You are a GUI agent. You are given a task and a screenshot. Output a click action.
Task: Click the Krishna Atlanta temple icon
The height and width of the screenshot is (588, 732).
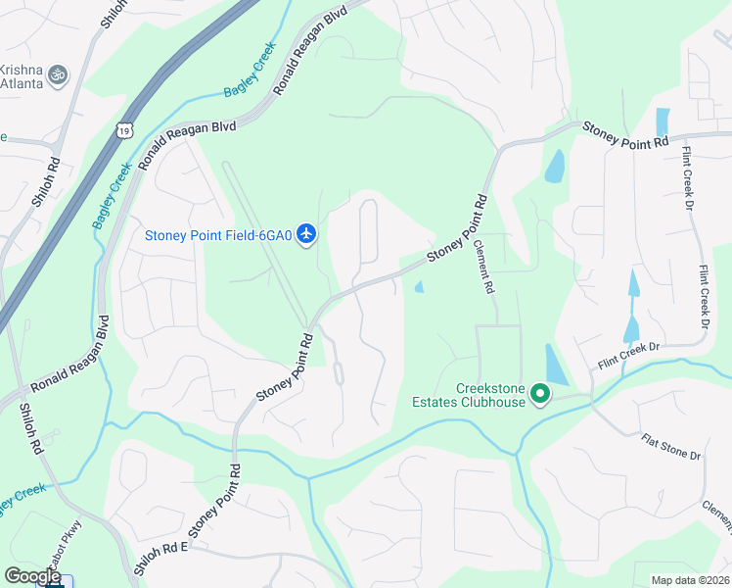point(58,73)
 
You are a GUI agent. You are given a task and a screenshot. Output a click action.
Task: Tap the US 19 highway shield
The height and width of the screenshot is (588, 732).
point(123,129)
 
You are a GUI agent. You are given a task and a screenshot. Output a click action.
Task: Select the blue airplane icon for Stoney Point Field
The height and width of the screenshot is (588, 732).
point(307,233)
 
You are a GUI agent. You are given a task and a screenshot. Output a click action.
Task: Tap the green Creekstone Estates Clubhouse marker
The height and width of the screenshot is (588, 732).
point(538,395)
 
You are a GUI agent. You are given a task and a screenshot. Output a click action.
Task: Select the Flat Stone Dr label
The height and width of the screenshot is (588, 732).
point(671,450)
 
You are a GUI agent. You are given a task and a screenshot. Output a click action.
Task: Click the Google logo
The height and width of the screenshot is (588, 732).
point(32,576)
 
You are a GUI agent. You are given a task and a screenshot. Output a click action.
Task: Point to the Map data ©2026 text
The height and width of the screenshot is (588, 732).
point(690,580)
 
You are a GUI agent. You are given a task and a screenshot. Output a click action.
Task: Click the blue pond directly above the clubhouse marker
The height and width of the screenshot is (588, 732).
point(555,364)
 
